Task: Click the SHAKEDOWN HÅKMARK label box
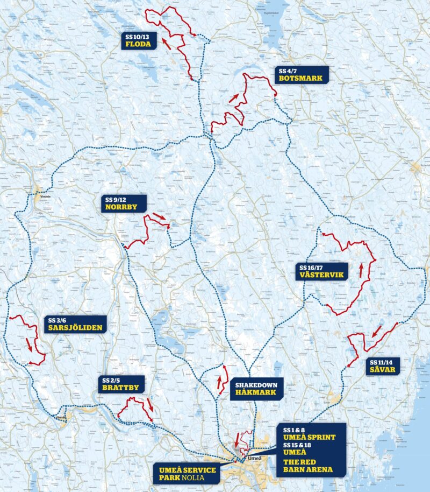(x=256, y=389)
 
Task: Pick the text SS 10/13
(x=137, y=37)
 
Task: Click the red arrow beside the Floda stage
(x=168, y=43)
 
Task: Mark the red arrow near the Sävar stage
(x=377, y=331)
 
